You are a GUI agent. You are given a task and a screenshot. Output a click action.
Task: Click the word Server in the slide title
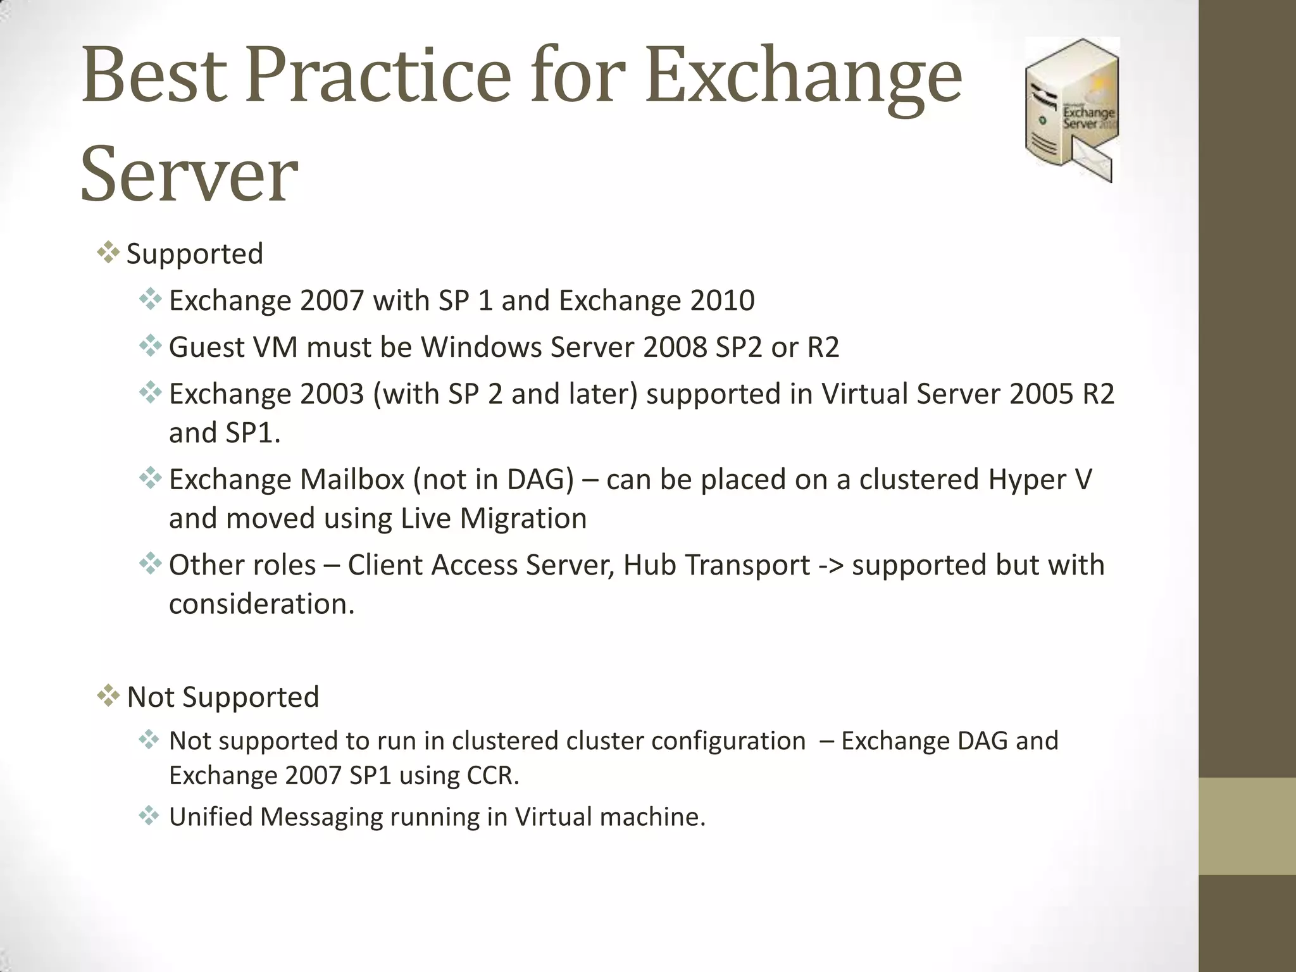click(x=189, y=174)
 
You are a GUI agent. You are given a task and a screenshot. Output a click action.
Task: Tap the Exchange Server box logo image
click(x=1071, y=109)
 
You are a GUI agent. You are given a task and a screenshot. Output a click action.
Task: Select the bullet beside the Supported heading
click(x=108, y=253)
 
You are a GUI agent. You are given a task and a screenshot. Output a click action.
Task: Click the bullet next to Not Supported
click(x=108, y=696)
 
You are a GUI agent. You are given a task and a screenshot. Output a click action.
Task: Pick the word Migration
click(x=523, y=518)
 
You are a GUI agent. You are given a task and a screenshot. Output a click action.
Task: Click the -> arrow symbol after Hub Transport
click(x=830, y=565)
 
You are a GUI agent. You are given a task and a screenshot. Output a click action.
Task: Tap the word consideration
click(x=261, y=604)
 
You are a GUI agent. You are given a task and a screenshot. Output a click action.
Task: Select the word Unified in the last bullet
click(x=211, y=817)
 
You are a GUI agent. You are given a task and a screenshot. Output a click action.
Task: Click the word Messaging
click(x=321, y=817)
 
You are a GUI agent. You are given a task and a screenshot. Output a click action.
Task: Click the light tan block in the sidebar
click(x=1247, y=826)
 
